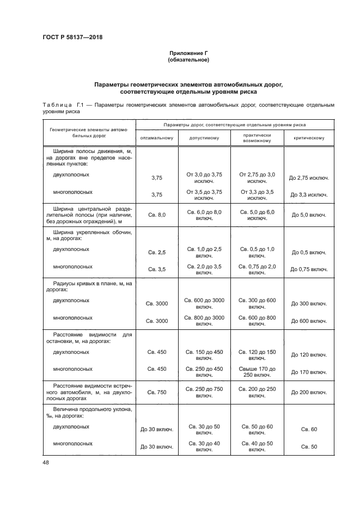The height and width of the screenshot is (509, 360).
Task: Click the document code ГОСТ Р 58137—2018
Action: (72, 37)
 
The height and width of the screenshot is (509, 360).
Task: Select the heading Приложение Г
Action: (188, 53)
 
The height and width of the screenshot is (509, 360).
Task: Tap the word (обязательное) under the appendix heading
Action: (188, 60)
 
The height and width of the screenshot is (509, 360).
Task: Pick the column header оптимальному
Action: (157, 138)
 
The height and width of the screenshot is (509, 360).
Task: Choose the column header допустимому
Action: (204, 138)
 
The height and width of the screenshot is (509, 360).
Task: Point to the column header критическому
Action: (309, 138)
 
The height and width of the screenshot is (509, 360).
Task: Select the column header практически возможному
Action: (257, 138)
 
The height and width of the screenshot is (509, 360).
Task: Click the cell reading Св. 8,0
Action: (157, 215)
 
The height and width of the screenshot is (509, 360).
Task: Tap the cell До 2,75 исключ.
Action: (309, 177)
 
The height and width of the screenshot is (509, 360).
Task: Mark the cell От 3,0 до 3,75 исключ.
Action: (204, 177)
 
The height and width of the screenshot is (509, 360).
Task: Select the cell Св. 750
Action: (157, 392)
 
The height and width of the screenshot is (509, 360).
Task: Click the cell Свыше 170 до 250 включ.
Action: (257, 372)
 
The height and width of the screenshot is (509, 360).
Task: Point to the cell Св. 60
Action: (309, 430)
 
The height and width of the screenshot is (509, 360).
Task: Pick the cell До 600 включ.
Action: (309, 321)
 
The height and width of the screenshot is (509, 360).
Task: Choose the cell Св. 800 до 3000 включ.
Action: (204, 320)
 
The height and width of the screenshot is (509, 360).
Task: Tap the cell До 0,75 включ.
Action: (309, 269)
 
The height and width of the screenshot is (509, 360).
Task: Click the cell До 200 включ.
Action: (309, 392)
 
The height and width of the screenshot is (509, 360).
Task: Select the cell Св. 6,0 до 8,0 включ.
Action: (204, 214)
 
